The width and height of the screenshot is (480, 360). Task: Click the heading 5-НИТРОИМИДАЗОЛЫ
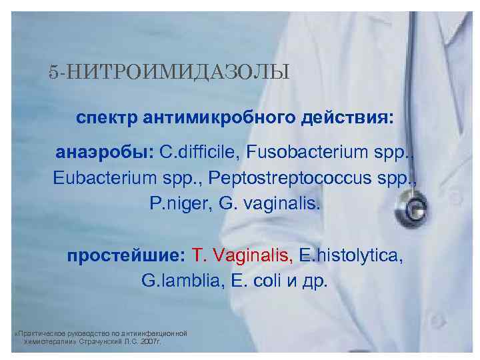(169, 71)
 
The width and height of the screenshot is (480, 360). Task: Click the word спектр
(105, 117)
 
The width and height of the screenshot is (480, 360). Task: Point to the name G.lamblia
(175, 279)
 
